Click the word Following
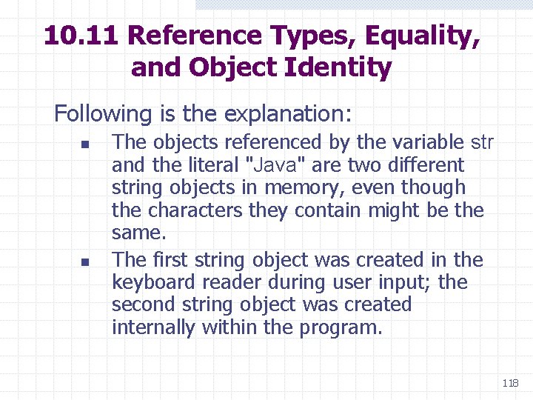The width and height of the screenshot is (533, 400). (102, 114)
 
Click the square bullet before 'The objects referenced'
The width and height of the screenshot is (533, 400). (85, 144)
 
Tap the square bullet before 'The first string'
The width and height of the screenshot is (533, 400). (85, 261)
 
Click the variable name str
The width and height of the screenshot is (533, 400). (482, 142)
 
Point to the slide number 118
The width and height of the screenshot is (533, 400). (510, 383)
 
